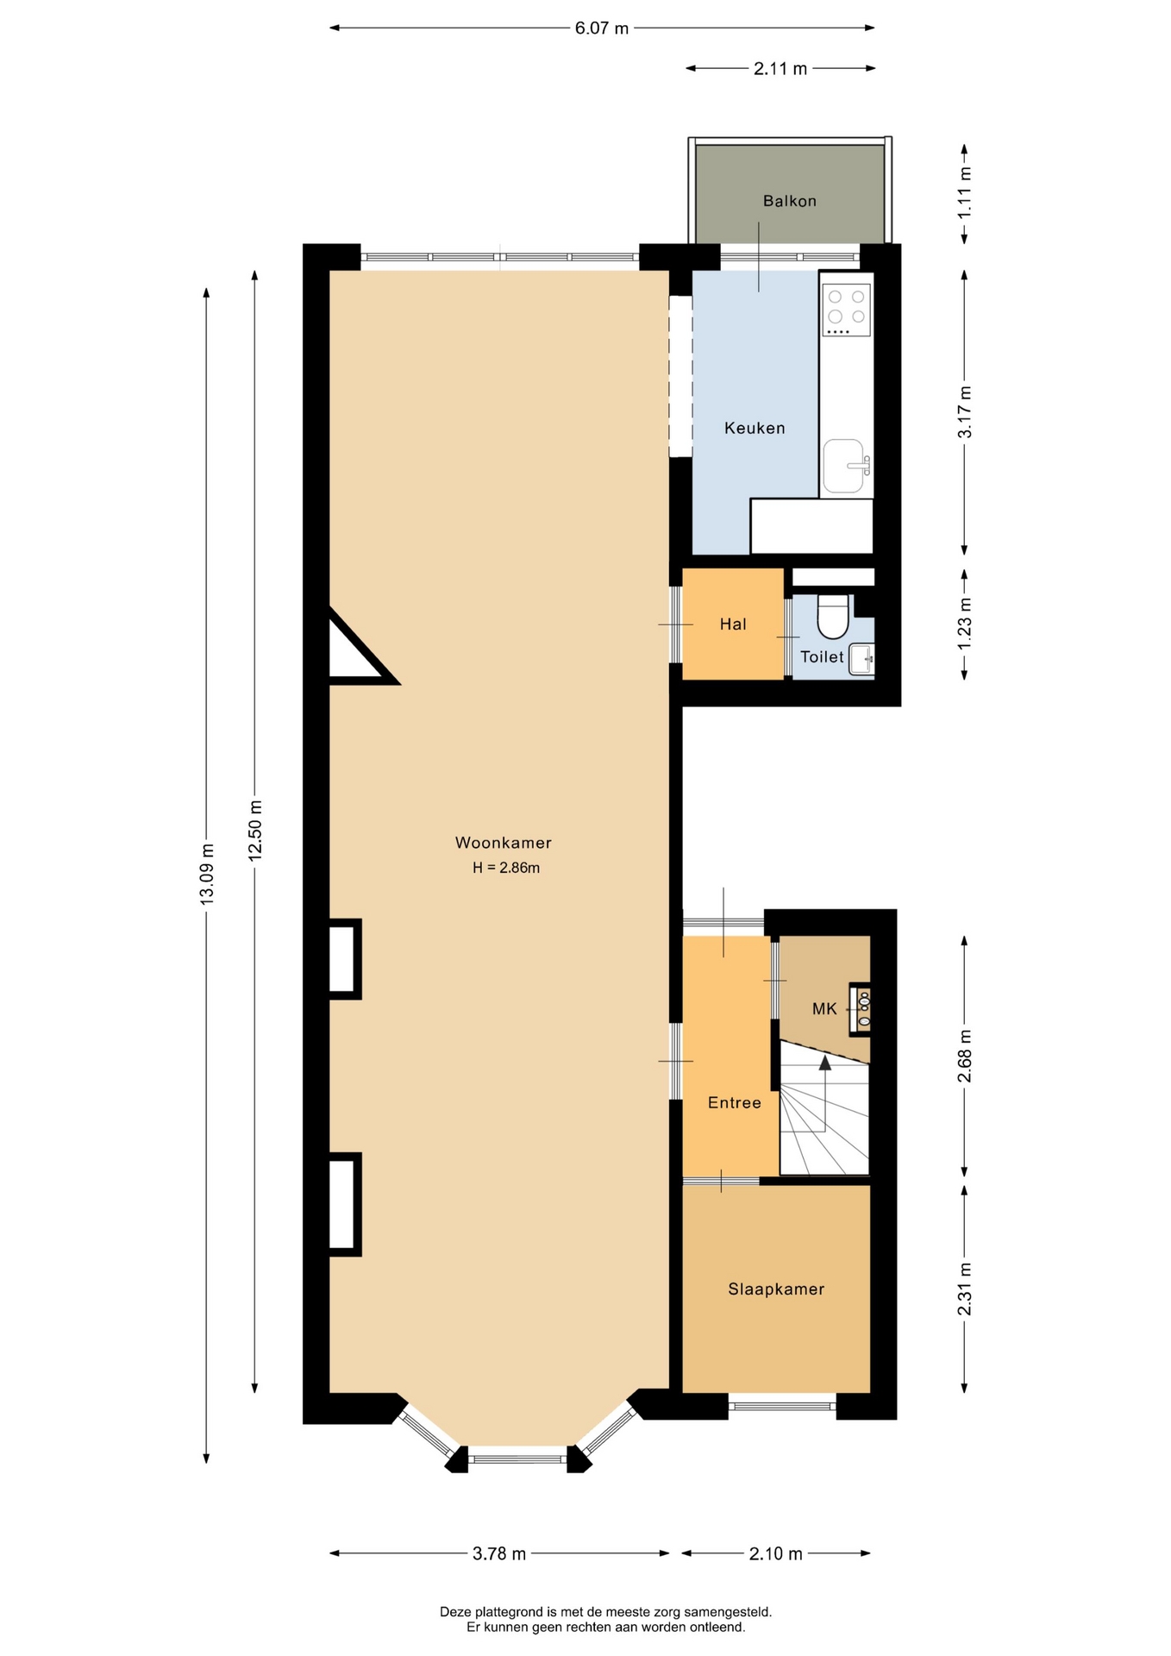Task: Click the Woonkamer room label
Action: coord(503,843)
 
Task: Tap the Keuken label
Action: coord(755,428)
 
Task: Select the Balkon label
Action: coord(789,201)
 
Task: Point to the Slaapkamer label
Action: coord(776,1289)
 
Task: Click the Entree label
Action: coord(734,1102)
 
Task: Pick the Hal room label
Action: coord(733,624)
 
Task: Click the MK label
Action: coord(824,1008)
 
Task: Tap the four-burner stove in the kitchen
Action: coord(846,309)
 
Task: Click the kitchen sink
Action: coord(844,467)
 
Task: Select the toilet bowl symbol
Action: coord(833,615)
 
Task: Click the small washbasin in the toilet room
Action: coord(861,660)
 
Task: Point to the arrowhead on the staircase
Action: coord(825,1063)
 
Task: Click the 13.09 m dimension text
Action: coord(207,874)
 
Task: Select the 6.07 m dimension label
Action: coord(602,28)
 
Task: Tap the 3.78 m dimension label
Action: coord(499,1553)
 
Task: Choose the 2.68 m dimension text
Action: coord(965,1056)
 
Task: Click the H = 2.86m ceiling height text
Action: coord(506,868)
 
